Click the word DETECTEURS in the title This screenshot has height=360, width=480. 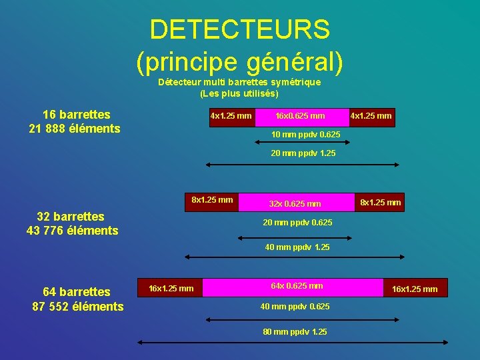[x=239, y=30]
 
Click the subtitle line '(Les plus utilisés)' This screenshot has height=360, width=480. [x=239, y=93]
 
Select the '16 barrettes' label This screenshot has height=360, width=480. [x=76, y=115]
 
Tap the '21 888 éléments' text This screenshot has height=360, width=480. [x=75, y=128]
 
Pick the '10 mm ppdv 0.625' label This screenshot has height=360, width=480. [x=305, y=135]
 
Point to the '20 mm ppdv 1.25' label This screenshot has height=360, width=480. [x=303, y=153]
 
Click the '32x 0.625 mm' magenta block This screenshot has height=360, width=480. [x=296, y=203]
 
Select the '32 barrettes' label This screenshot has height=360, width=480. [x=71, y=217]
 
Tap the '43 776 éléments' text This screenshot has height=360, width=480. [x=72, y=231]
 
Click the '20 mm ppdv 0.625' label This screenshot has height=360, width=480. [x=298, y=223]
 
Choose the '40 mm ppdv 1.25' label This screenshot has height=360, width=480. [x=297, y=247]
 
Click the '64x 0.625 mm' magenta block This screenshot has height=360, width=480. [x=297, y=287]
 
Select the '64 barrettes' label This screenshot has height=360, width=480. [x=77, y=292]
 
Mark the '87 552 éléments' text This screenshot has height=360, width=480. [x=78, y=306]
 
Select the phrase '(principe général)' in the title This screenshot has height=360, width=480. [x=239, y=61]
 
